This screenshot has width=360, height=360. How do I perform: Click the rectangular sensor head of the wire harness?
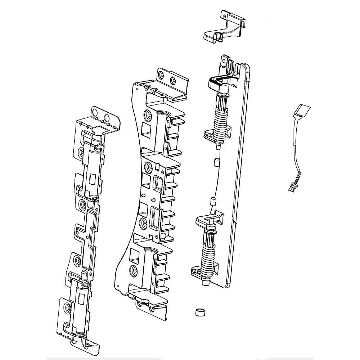(x=302, y=110)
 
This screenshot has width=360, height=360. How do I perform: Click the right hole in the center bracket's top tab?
(x=174, y=80)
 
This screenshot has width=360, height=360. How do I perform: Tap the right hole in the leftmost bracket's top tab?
(x=107, y=118)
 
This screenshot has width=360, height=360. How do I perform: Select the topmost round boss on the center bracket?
(x=148, y=116)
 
